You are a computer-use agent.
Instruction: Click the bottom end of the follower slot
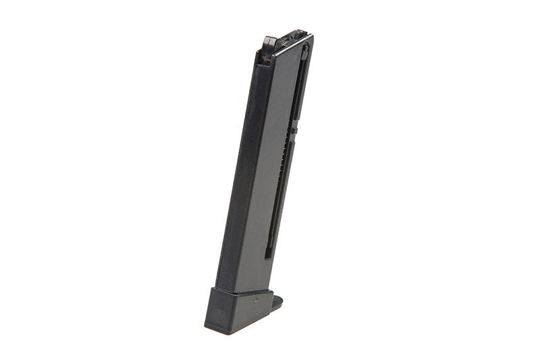click(268, 256)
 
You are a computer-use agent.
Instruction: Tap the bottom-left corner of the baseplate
click(205, 325)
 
